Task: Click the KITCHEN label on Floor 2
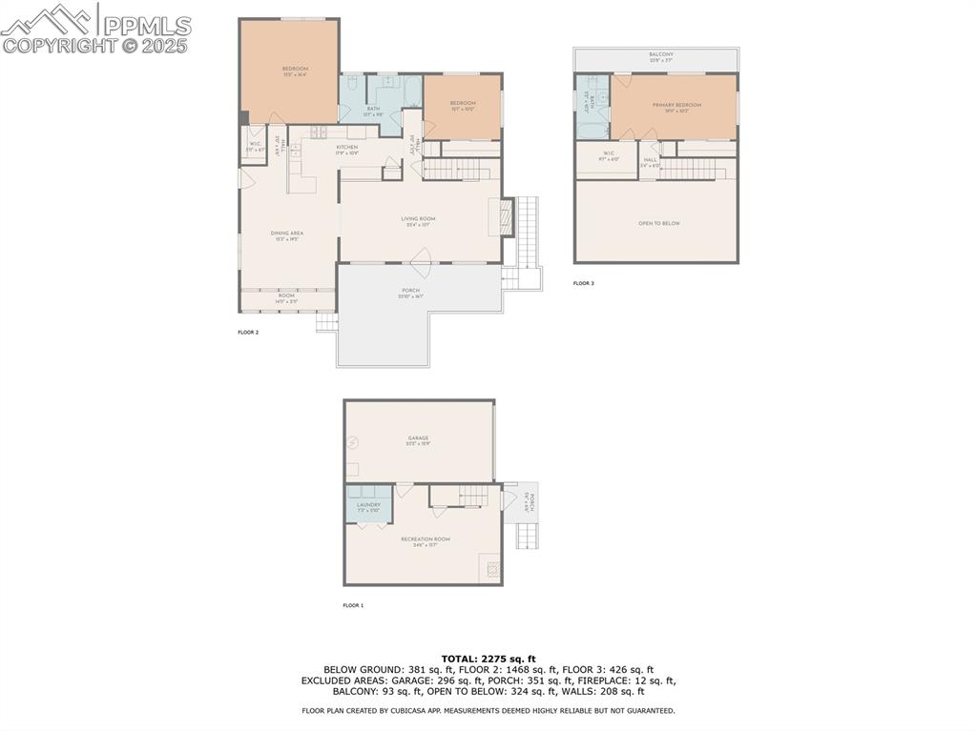click(346, 148)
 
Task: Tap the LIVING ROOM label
click(418, 219)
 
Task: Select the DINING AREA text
click(287, 234)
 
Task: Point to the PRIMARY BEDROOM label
click(676, 105)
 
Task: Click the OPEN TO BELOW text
click(658, 224)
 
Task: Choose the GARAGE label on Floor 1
click(418, 438)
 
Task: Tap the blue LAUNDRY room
click(368, 505)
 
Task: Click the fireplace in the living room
click(507, 217)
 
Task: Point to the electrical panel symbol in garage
click(353, 442)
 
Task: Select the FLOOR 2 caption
click(248, 333)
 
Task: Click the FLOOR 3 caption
click(583, 283)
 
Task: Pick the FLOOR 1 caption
click(353, 605)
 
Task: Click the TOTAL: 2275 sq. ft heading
click(488, 659)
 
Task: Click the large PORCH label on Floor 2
click(410, 291)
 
